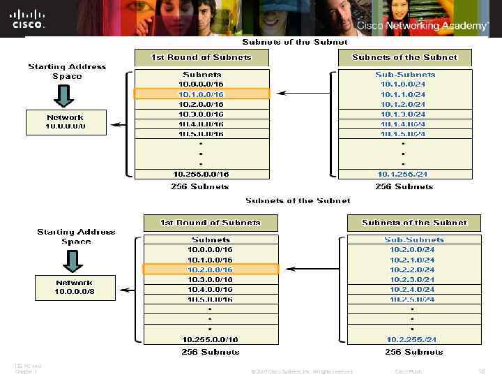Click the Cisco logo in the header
(x=28, y=19)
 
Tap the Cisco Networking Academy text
(x=423, y=26)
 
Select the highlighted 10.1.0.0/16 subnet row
(x=201, y=94)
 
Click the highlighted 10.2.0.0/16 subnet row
(x=211, y=269)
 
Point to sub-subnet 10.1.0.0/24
(x=403, y=84)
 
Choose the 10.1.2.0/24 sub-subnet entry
(x=403, y=104)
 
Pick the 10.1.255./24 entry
(x=403, y=174)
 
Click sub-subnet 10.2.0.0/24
(x=411, y=249)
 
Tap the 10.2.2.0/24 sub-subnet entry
(x=411, y=269)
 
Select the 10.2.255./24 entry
(x=411, y=339)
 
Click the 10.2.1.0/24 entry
(x=411, y=260)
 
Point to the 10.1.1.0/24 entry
(x=403, y=94)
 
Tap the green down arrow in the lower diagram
(x=73, y=260)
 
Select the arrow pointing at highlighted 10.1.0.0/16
(x=304, y=93)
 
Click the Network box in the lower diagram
(x=75, y=287)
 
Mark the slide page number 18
(x=481, y=371)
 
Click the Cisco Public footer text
(x=408, y=371)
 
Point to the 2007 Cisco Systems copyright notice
(x=301, y=371)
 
